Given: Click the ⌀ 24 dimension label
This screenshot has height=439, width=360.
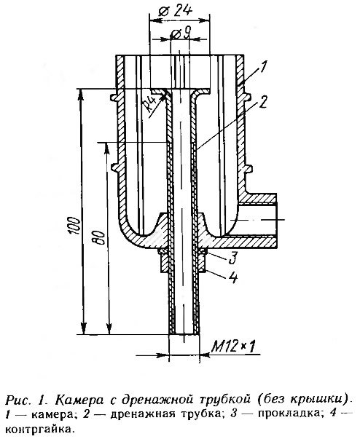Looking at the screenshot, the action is (x=175, y=11).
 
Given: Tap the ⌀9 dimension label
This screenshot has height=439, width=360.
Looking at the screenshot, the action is (x=181, y=35).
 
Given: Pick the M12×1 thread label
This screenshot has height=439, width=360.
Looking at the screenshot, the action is (x=233, y=347).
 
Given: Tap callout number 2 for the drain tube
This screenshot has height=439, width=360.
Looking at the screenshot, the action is (x=263, y=103).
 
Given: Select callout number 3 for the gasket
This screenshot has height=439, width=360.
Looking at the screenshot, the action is (x=233, y=258).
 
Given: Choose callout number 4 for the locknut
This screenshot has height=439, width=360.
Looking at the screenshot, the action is (x=233, y=277).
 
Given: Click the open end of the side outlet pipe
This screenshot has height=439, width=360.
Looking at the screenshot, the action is (x=277, y=221).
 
